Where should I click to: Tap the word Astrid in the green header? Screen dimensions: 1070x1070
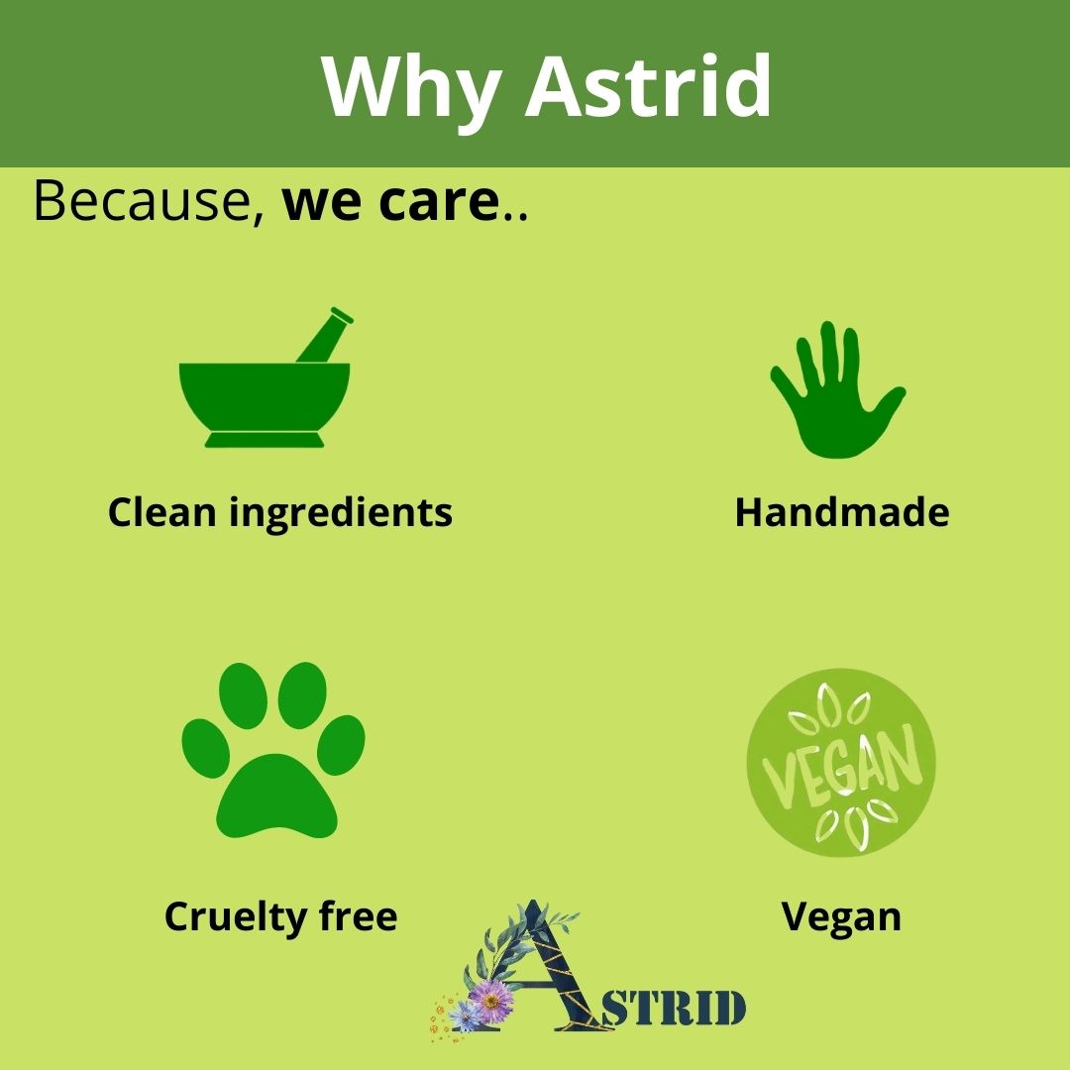[x=648, y=85]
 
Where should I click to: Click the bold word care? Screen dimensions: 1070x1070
[x=439, y=203]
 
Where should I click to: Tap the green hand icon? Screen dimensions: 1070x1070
[x=836, y=390]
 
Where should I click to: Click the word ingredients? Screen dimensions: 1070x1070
[x=341, y=514]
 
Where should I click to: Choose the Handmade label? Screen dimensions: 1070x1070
[x=842, y=512]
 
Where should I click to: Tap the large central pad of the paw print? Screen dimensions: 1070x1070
[x=276, y=797]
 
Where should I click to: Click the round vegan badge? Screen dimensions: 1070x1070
[x=841, y=762]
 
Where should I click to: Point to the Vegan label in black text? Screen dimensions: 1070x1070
[x=841, y=917]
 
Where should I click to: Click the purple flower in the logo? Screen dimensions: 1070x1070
[x=490, y=1001]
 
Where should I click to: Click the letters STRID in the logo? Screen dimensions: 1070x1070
[x=673, y=1008]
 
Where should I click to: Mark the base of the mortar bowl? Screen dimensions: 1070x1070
[x=265, y=440]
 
